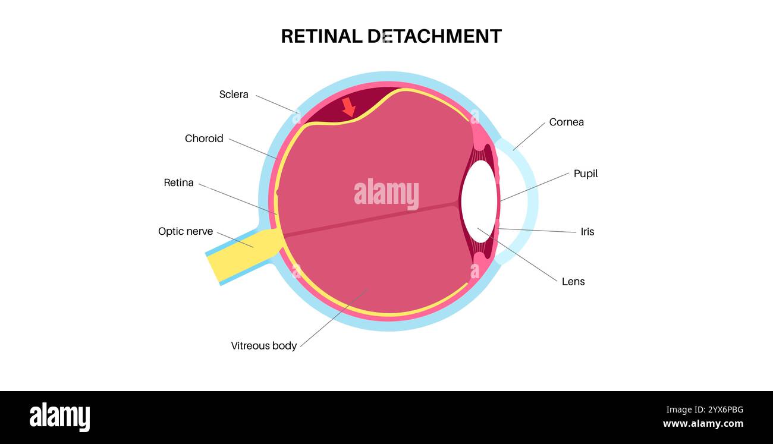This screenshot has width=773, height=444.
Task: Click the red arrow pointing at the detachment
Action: pyautogui.click(x=348, y=107)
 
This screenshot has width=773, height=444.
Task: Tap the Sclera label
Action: pyautogui.click(x=234, y=95)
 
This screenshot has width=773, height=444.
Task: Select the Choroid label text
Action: pyautogui.click(x=204, y=138)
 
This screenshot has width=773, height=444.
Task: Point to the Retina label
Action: pyautogui.click(x=178, y=182)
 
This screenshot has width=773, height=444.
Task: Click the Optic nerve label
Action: pyautogui.click(x=186, y=231)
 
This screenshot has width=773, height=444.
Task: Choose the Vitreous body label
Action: pyautogui.click(x=263, y=345)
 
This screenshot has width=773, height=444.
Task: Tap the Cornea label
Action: pyautogui.click(x=566, y=122)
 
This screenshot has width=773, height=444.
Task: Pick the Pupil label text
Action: pyautogui.click(x=585, y=174)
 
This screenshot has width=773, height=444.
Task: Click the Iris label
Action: pyautogui.click(x=587, y=232)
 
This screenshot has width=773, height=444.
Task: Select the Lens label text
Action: pyautogui.click(x=573, y=281)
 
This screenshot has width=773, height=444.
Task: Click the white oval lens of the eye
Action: pyautogui.click(x=479, y=202)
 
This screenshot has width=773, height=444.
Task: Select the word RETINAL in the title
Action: pyautogui.click(x=321, y=36)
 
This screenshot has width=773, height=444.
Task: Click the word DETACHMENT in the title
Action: pyautogui.click(x=434, y=36)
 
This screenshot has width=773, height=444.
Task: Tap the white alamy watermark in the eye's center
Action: pyautogui.click(x=386, y=193)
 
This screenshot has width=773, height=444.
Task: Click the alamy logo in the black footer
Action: pyautogui.click(x=59, y=417)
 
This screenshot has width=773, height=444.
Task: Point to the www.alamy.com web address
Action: pyautogui.click(x=703, y=424)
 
